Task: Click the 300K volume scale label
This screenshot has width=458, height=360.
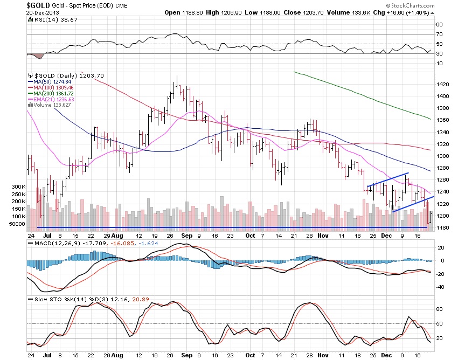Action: pyautogui.click(x=34, y=186)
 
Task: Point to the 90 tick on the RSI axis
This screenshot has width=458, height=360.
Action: pyautogui.click(x=439, y=24)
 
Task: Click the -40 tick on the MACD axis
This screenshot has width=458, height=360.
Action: pyautogui.click(x=440, y=287)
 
